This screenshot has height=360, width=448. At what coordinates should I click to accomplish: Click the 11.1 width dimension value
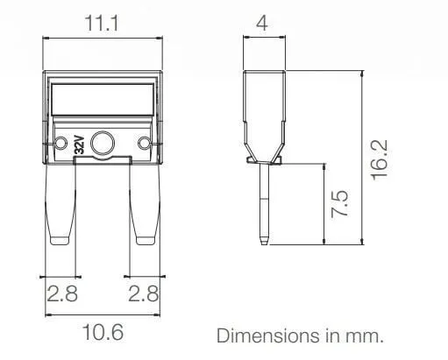(102, 24)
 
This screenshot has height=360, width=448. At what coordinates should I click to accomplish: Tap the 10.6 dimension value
(103, 332)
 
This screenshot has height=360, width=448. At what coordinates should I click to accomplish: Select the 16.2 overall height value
(380, 160)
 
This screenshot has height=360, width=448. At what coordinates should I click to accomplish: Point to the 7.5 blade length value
(340, 203)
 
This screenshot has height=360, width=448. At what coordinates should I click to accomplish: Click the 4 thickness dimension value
(262, 24)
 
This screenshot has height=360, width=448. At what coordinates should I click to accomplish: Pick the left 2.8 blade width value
(62, 293)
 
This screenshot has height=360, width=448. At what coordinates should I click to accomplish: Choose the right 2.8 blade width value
(144, 293)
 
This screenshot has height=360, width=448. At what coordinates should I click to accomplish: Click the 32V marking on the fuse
(79, 145)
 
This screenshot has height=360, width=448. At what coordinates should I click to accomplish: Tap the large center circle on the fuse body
(103, 144)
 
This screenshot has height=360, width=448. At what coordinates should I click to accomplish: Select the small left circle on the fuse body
(60, 144)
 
